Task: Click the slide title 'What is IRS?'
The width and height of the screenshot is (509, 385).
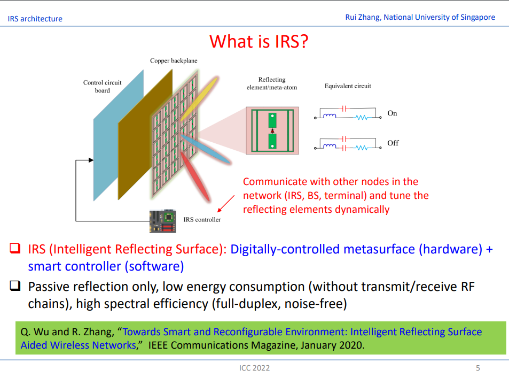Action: click(259, 42)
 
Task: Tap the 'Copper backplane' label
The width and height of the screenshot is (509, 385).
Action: click(174, 61)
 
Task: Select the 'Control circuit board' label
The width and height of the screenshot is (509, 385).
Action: click(102, 87)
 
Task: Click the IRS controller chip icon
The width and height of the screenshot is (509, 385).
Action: click(162, 221)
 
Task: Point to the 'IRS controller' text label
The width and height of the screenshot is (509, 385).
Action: click(202, 220)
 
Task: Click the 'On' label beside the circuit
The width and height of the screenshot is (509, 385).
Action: click(392, 113)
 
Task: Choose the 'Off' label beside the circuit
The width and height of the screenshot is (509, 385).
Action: click(393, 143)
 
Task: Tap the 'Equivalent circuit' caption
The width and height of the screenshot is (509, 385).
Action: click(348, 86)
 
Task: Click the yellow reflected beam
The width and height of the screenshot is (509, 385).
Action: click(199, 99)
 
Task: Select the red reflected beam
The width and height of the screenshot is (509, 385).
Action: click(195, 177)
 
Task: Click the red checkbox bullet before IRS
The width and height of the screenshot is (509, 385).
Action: click(15, 249)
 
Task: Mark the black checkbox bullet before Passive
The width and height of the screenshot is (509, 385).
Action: click(15, 286)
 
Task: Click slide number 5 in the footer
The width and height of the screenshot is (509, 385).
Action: click(478, 368)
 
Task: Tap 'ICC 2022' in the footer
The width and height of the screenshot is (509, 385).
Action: click(254, 368)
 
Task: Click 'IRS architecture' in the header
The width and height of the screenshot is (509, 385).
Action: click(35, 19)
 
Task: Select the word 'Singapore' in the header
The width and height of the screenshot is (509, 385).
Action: click(477, 18)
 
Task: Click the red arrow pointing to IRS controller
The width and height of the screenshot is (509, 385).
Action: click(226, 204)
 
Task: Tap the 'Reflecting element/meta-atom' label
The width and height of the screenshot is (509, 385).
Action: click(272, 83)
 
